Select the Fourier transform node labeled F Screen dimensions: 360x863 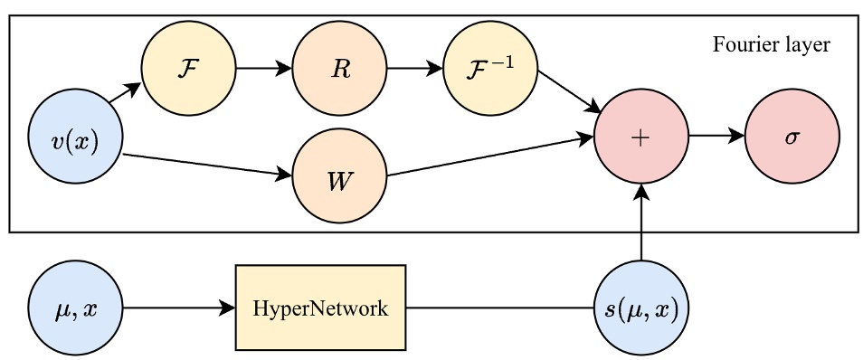(x=188, y=69)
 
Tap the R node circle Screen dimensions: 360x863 (x=339, y=69)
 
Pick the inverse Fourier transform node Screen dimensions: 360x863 (x=490, y=69)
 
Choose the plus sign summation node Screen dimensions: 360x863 (x=641, y=137)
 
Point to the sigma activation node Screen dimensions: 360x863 (x=792, y=137)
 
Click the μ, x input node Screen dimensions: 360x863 (x=75, y=308)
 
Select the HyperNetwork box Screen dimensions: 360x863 (x=320, y=308)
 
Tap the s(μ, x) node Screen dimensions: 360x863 (x=641, y=308)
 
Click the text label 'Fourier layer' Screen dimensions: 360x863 (x=772, y=43)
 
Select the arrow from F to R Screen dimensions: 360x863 (x=263, y=69)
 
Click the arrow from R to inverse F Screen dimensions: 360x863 (x=414, y=69)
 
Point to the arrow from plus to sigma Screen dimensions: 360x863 (x=716, y=137)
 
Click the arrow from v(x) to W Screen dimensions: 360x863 (x=206, y=164)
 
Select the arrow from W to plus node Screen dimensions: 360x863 (x=489, y=156)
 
